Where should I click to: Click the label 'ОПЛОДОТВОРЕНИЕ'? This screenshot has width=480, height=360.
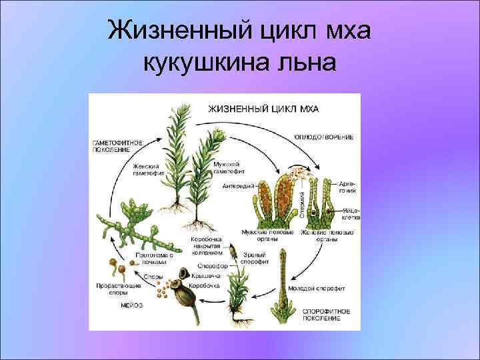pos(324,137)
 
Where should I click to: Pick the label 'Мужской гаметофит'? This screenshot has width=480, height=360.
pos(227,167)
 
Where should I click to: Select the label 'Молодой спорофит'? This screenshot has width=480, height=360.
pos(317,289)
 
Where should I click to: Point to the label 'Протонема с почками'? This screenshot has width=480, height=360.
pos(155,258)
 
